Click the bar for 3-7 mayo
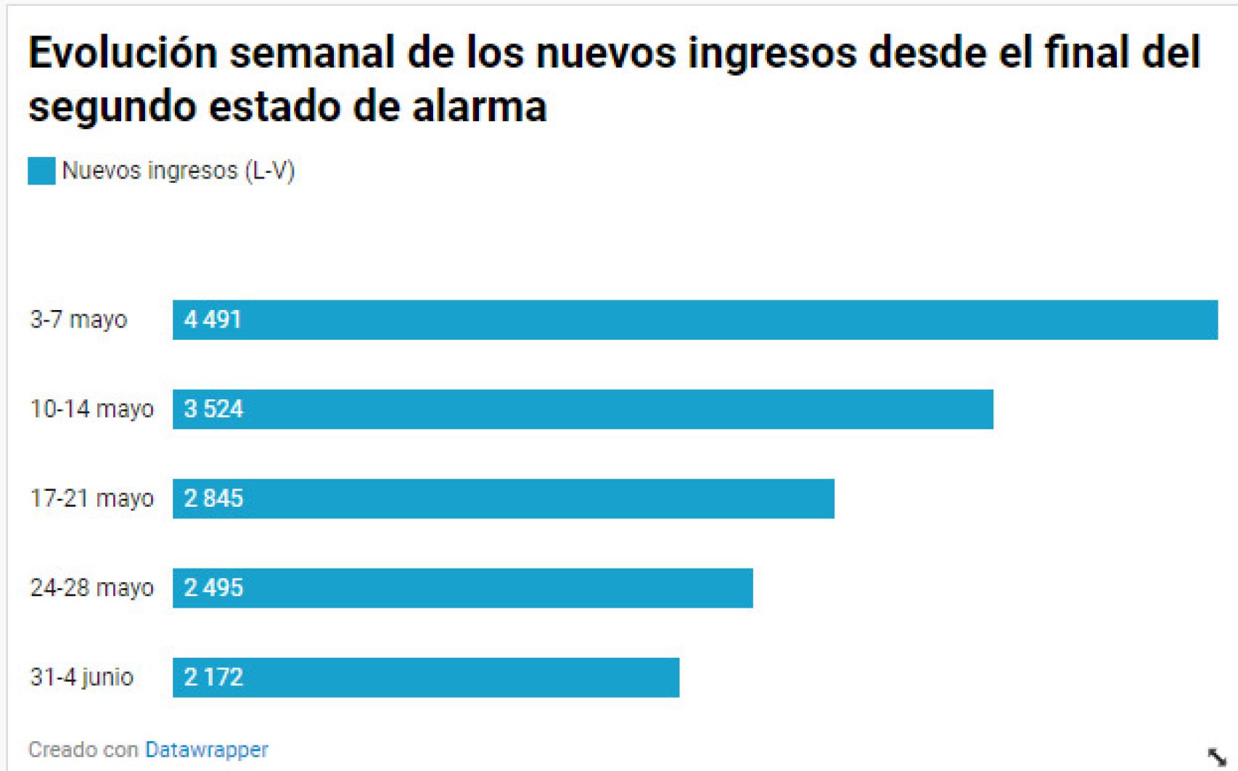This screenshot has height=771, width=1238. pyautogui.click(x=695, y=319)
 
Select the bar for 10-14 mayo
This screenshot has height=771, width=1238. pyautogui.click(x=583, y=409)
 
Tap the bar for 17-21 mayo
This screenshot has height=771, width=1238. pyautogui.click(x=504, y=499)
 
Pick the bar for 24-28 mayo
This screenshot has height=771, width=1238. pyautogui.click(x=463, y=588)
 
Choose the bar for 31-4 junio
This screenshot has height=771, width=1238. pyautogui.click(x=426, y=677)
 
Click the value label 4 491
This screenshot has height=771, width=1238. pyautogui.click(x=213, y=319)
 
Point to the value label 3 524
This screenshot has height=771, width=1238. pyautogui.click(x=213, y=409)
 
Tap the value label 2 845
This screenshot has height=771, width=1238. pyautogui.click(x=213, y=499)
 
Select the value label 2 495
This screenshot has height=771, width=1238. pyautogui.click(x=213, y=588)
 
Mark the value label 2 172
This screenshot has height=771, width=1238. pyautogui.click(x=213, y=677)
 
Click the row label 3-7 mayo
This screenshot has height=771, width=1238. pyautogui.click(x=78, y=319)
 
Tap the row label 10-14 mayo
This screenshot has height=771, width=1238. pyautogui.click(x=91, y=409)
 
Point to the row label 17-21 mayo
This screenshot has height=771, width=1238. pyautogui.click(x=91, y=499)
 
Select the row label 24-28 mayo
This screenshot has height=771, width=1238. pyautogui.click(x=91, y=588)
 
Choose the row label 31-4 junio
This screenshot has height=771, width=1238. pyautogui.click(x=81, y=677)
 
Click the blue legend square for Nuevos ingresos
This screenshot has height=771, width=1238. pyautogui.click(x=41, y=171)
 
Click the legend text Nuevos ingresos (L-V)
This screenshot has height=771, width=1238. pyautogui.click(x=178, y=171)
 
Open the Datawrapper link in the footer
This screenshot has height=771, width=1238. pyautogui.click(x=207, y=749)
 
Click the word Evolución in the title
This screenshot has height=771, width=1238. pyautogui.click(x=123, y=53)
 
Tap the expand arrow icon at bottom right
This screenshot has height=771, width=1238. pyautogui.click(x=1216, y=756)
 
